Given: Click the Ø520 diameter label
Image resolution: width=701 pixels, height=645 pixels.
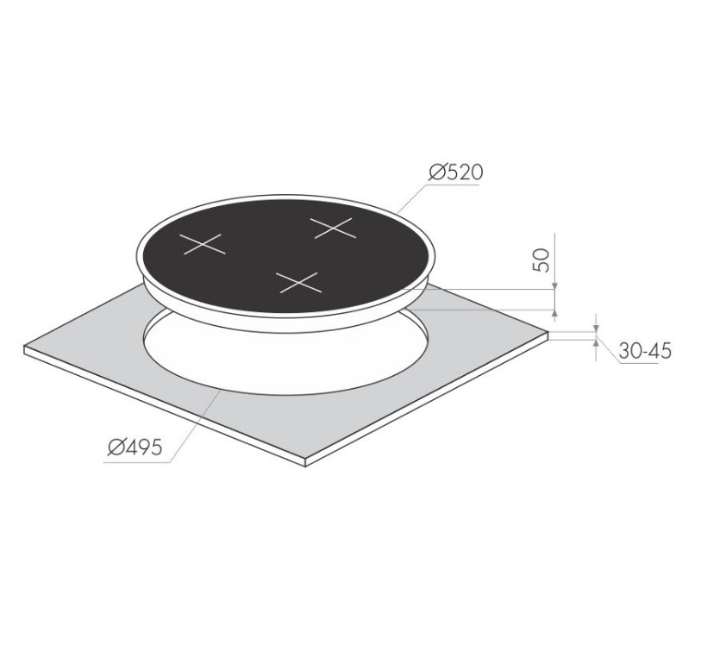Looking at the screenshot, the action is point(455,172).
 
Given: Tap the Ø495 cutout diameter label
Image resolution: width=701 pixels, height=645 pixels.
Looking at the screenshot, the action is point(135,447).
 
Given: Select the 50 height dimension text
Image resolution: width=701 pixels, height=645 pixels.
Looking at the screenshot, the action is point(541,260).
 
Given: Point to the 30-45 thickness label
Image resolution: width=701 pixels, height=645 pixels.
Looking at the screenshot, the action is point(645,351).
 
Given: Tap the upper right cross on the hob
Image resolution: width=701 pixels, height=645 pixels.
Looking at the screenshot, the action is point(334,228).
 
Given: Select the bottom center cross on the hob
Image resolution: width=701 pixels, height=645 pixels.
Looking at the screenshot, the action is point(298,283).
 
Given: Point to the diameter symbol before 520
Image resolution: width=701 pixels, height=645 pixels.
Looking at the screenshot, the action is point(436,172).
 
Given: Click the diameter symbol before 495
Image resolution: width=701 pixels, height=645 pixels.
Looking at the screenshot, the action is point(116,447).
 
